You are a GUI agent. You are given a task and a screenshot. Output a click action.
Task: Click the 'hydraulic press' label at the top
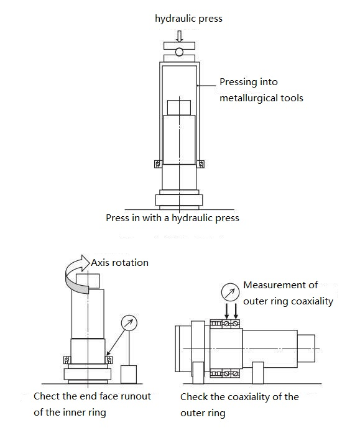(x=188, y=19)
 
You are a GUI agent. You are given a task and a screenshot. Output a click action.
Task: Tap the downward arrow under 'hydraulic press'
(x=180, y=35)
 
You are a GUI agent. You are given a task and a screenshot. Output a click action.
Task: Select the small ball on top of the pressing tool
(x=180, y=52)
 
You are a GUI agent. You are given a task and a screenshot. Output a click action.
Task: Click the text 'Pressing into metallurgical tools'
(x=261, y=90)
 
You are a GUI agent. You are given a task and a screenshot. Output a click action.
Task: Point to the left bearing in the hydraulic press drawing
(x=158, y=164)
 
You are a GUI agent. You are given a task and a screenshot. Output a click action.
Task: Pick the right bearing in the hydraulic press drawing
(x=201, y=164)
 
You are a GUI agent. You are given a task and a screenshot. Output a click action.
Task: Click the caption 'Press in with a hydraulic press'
(x=172, y=218)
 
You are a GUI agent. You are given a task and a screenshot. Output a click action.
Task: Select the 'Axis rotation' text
(x=120, y=262)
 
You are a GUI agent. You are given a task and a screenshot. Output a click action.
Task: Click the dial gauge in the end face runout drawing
(x=129, y=322)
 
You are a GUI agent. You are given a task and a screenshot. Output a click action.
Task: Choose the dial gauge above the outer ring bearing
(x=229, y=291)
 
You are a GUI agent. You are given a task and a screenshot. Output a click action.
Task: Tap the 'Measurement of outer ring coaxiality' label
(x=288, y=293)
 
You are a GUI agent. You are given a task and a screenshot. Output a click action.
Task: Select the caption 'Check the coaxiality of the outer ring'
(x=239, y=404)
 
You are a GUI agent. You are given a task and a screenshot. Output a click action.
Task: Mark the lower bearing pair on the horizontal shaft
(x=226, y=373)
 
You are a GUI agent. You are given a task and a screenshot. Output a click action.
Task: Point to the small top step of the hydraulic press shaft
(x=180, y=106)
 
